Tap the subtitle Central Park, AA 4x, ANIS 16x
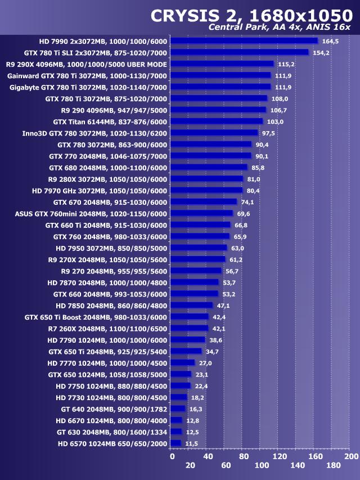coord(280,28)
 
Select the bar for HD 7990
coord(244,41)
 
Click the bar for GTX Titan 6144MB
coord(217,122)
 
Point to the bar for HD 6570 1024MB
coord(175,443)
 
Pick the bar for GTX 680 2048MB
coord(209,167)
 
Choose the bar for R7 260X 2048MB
coord(189,329)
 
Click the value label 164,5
coord(330,41)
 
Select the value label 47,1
coord(224,306)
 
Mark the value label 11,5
coord(192,443)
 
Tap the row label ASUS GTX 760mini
coord(91,213)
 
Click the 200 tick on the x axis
coord(351,456)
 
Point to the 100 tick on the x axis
coord(262,465)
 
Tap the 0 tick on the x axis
coord(172,456)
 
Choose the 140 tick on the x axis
coord(297,465)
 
